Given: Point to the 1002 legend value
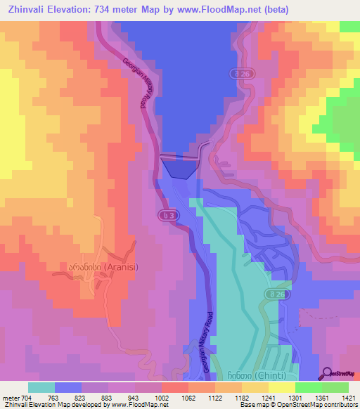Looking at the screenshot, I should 161,396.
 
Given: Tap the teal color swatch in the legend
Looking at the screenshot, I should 41,387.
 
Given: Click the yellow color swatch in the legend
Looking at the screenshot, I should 281,387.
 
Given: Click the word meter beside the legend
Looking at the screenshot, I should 11,396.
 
